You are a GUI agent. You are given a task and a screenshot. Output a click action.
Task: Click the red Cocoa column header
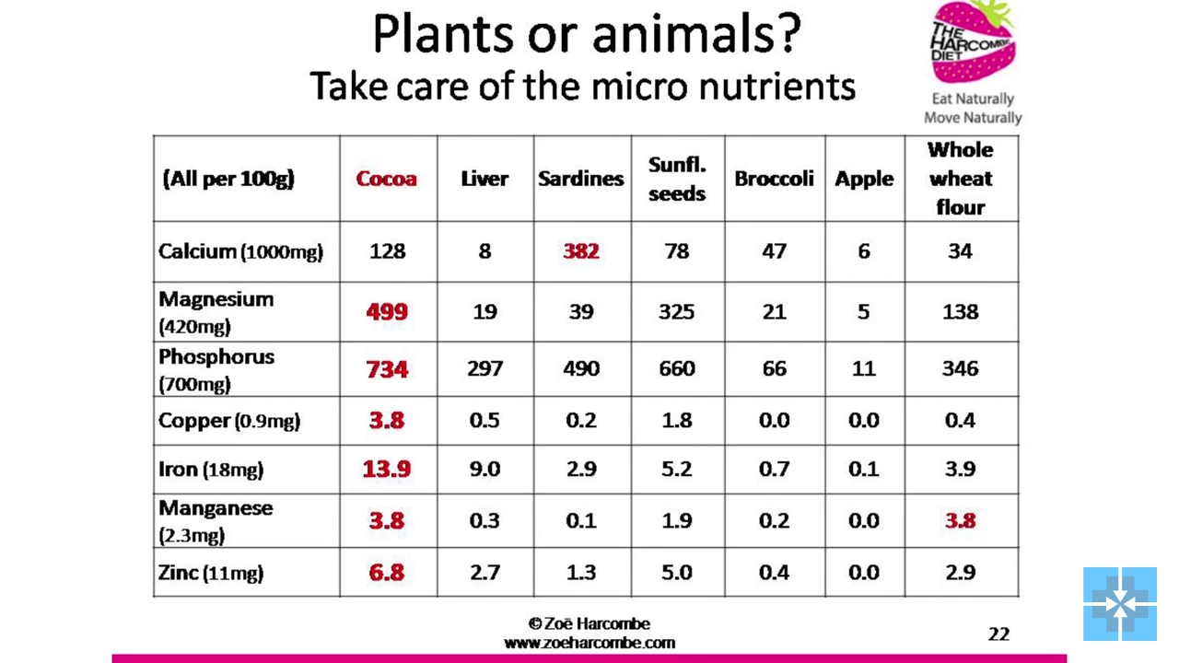tap(386, 179)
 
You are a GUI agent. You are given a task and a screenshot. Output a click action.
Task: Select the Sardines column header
tap(581, 179)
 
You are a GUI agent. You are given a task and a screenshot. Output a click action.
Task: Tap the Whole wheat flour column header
tap(961, 179)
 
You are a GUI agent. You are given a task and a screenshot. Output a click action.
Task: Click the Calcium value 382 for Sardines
tap(581, 251)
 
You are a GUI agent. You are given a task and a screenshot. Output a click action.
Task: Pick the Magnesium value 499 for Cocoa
tap(387, 312)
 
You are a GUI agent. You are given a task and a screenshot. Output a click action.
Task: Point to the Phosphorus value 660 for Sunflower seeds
tap(677, 368)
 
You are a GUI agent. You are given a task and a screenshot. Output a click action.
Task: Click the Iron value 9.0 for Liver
tap(484, 469)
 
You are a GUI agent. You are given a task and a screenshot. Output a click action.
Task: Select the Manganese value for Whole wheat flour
tap(961, 520)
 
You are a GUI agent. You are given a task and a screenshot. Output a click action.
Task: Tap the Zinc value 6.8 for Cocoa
tap(387, 573)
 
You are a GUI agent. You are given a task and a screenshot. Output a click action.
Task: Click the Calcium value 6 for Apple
tap(864, 251)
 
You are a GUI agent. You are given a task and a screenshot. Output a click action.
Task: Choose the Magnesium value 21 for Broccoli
tap(775, 312)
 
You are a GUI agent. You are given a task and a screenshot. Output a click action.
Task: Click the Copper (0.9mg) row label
tap(229, 421)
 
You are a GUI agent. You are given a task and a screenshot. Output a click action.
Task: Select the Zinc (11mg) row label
tap(211, 573)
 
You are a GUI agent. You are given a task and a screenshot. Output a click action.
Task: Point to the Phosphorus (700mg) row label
tap(216, 370)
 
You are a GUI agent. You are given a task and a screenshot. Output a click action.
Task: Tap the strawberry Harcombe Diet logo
tap(974, 42)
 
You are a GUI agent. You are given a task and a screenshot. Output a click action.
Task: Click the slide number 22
tap(998, 634)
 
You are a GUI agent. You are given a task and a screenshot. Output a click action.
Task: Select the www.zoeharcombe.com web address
tap(589, 643)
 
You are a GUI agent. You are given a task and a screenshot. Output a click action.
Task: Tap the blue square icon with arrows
tap(1120, 604)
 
